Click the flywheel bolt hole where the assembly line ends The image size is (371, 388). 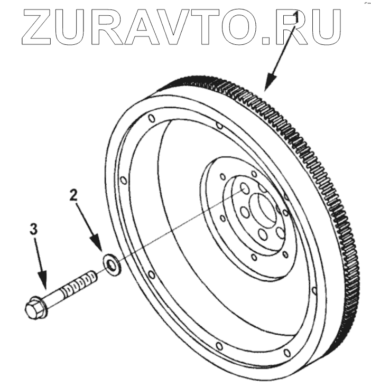(x=245, y=188)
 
